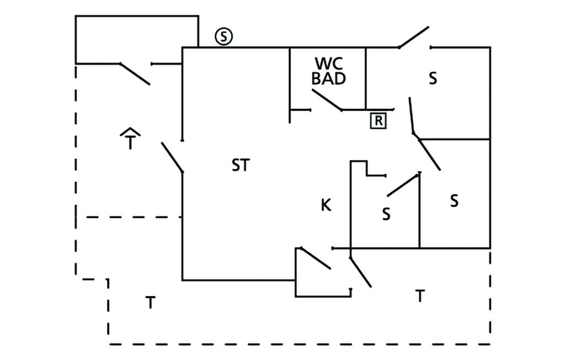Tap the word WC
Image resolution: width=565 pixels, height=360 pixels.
tap(329, 62)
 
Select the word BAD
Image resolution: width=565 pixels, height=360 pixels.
tap(329, 78)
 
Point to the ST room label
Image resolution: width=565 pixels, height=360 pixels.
tap(241, 165)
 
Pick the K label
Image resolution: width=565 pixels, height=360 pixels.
tap(326, 205)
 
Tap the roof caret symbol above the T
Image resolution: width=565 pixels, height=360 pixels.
tap(130, 131)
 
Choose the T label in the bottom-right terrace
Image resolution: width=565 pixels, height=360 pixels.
tap(420, 297)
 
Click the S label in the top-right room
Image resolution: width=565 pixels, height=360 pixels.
tap(433, 78)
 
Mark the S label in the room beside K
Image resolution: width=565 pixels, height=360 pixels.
tap(386, 214)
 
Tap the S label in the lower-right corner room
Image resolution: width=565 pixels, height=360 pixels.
tap(454, 201)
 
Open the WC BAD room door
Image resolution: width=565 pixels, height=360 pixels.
tap(327, 100)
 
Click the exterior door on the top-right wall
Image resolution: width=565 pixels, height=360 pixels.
tap(414, 37)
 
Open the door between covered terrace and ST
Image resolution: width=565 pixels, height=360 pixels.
tap(172, 157)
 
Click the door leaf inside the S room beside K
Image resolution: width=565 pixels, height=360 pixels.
tap(403, 184)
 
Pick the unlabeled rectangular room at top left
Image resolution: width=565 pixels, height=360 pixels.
tap(136, 39)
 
